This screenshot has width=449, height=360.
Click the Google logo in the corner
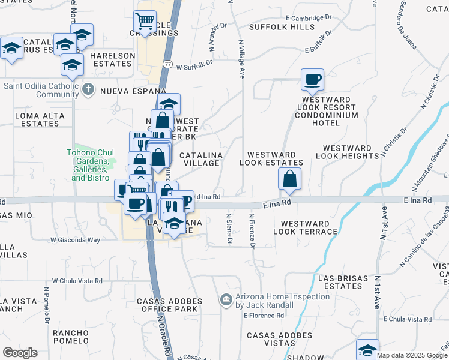[20, 353]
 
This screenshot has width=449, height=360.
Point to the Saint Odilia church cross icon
[88, 89]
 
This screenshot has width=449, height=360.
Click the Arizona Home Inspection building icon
[226, 299]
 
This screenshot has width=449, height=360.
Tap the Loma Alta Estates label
[37, 119]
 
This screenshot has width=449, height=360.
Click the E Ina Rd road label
[277, 203]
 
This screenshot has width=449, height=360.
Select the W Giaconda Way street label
[75, 240]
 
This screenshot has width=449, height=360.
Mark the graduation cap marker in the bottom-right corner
[367, 349]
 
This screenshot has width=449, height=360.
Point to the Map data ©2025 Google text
[412, 355]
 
